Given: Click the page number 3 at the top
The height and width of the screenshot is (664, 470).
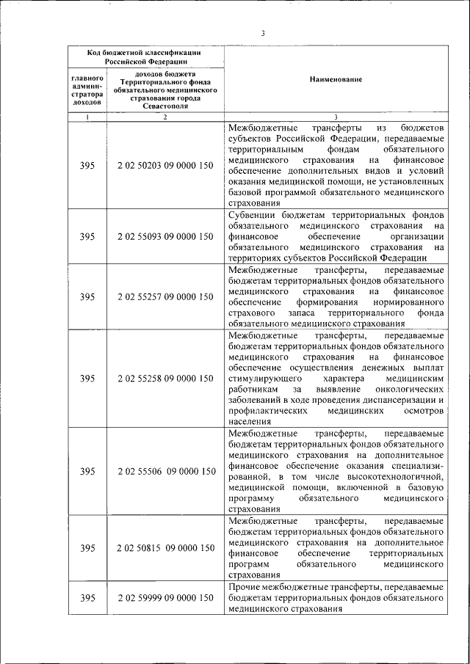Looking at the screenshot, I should (262, 32).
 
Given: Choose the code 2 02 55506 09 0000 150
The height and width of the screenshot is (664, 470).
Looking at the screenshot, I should (166, 471).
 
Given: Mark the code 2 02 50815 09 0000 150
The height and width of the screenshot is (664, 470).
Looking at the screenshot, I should (166, 548).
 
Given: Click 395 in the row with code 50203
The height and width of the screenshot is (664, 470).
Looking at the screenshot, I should (87, 166).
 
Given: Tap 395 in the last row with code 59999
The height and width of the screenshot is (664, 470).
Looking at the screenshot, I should (87, 599).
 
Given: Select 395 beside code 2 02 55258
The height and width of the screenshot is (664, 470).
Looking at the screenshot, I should (87, 379).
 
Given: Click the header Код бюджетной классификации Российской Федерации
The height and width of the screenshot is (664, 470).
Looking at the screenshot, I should (145, 57).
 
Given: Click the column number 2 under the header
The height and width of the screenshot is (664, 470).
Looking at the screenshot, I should (164, 117).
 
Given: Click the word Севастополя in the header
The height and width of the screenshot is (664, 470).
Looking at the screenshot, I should (165, 106).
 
